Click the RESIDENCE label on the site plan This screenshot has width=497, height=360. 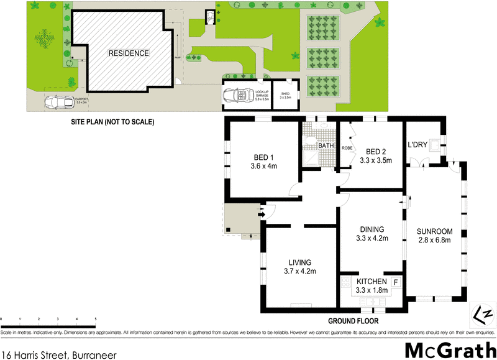(x=129, y=53)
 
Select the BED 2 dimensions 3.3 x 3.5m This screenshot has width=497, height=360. (x=376, y=160)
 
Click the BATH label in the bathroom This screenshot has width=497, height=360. (x=326, y=146)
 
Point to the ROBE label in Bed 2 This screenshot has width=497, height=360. (x=347, y=149)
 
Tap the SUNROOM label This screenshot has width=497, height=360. (x=435, y=231)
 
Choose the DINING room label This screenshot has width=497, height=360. (x=371, y=229)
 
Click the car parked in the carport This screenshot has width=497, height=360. (x=58, y=103)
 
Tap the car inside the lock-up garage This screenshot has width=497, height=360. (x=235, y=96)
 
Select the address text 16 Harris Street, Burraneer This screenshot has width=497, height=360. (x=59, y=353)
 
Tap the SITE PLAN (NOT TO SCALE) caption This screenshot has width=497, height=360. (x=112, y=122)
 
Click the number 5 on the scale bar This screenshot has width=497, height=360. (x=96, y=319)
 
